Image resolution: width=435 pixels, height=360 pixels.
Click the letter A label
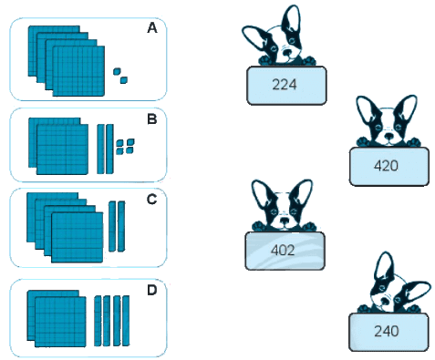click(x=152, y=28)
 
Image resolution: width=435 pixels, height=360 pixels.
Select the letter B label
click(x=152, y=118)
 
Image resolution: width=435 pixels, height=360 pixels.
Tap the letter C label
click(x=151, y=200)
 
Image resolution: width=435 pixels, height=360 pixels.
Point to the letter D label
click(x=152, y=290)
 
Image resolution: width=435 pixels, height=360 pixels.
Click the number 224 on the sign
click(x=285, y=85)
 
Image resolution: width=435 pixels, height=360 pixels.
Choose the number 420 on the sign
click(x=386, y=166)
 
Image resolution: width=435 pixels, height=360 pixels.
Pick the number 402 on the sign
click(x=283, y=250)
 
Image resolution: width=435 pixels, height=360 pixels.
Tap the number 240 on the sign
click(x=387, y=331)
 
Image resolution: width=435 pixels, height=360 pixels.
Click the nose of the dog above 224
click(x=287, y=54)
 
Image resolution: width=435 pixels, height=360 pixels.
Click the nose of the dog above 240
click(x=384, y=302)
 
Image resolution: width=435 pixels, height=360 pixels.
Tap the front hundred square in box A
click(x=78, y=71)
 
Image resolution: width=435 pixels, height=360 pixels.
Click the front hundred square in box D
click(x=60, y=322)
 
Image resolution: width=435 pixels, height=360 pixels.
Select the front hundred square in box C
click(x=78, y=237)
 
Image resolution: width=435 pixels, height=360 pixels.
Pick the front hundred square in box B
click(x=62, y=149)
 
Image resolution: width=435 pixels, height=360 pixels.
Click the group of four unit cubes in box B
click(x=125, y=147)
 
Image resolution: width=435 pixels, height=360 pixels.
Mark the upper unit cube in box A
click(x=117, y=72)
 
